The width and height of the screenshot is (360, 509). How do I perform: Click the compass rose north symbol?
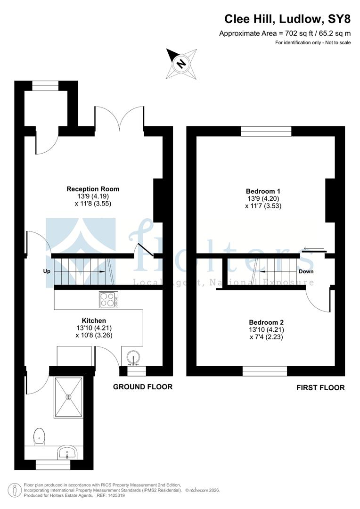coord(181,63)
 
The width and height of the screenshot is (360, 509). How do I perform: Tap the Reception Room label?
coord(92,189)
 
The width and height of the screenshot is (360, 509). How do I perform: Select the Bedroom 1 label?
coord(263,191)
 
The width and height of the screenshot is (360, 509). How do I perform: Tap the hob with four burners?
coord(109,299)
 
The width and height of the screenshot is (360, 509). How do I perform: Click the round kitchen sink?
coord(134,357)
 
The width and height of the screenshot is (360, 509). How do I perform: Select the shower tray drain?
coord(69,397)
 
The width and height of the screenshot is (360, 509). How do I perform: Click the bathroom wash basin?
coord(67,453)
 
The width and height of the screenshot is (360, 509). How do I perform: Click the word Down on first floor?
coord(306,271)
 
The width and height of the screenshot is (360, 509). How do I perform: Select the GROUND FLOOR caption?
coord(143,387)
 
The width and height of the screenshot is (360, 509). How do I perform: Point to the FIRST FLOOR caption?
coord(320,388)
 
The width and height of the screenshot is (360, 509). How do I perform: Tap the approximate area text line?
coord(285,33)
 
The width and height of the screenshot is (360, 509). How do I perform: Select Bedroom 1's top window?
coord(266,131)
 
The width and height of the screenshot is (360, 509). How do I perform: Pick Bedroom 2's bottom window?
coord(264,371)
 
